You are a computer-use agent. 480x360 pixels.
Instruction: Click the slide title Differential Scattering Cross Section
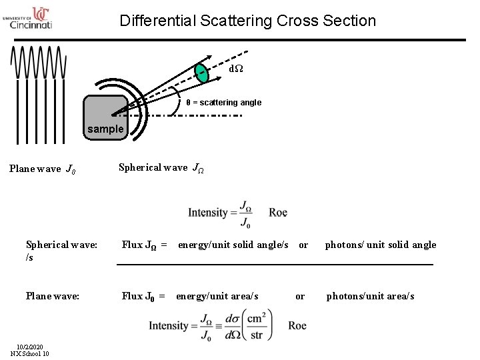[x=247, y=21]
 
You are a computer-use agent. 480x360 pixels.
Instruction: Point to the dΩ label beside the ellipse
[x=237, y=69]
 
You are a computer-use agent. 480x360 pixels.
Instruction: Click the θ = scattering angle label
[x=223, y=103]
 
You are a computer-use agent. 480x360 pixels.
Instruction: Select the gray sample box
[x=105, y=118]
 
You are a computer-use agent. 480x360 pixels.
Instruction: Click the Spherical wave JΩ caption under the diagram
[x=161, y=168]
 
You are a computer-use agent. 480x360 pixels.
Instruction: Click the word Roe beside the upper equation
[x=278, y=213]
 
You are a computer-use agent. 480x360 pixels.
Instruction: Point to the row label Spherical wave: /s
[x=61, y=251]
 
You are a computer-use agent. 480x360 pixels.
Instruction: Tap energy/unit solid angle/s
[x=233, y=245]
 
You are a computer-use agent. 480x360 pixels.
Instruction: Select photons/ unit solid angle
[x=380, y=245]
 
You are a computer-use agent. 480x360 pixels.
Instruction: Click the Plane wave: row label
[x=53, y=295]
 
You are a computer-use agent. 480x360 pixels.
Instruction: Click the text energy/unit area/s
[x=217, y=295]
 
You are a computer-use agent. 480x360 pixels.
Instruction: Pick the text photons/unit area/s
[x=370, y=295]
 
